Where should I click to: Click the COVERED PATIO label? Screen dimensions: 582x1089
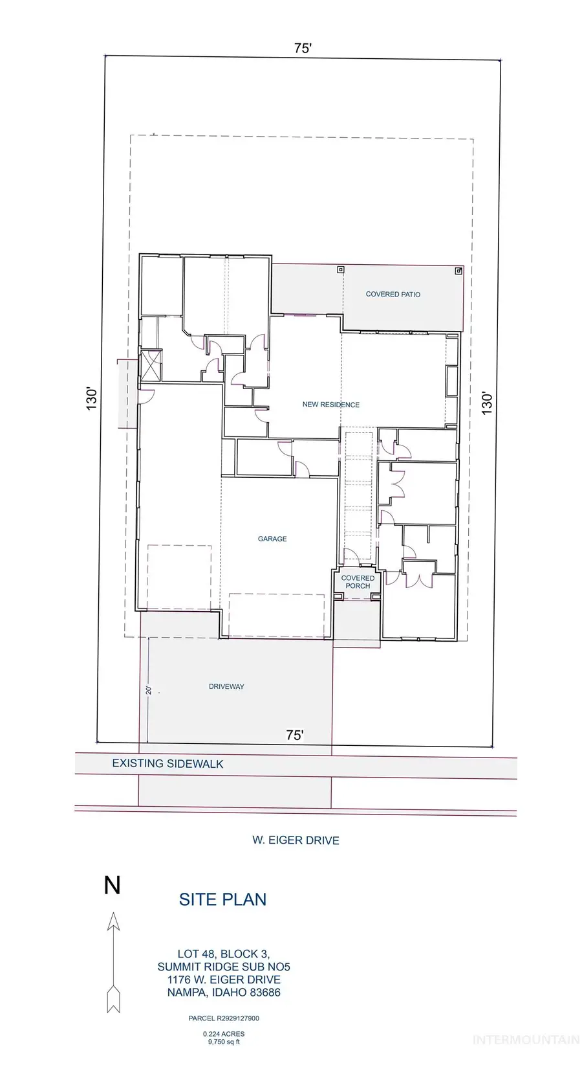click(393, 294)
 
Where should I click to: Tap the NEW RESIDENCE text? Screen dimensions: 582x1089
click(331, 405)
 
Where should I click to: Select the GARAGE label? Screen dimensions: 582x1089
click(272, 539)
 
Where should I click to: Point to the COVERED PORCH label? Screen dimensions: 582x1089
click(358, 582)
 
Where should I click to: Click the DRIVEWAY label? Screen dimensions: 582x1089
click(226, 686)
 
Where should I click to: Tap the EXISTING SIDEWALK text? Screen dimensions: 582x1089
click(168, 764)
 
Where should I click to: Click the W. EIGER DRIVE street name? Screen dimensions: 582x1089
click(296, 840)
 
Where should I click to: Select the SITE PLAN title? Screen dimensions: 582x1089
click(223, 900)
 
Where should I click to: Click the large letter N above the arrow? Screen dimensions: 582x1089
click(112, 885)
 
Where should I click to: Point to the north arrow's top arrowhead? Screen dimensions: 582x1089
click(114, 921)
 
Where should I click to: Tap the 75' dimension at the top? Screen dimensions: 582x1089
click(303, 48)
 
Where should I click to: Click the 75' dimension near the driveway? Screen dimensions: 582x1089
click(295, 735)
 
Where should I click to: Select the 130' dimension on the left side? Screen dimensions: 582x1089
click(92, 399)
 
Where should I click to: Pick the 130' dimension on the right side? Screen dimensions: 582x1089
click(487, 403)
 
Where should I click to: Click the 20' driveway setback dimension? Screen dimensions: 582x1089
click(149, 690)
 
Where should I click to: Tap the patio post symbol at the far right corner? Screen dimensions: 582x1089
click(458, 271)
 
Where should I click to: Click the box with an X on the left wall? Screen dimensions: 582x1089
click(150, 365)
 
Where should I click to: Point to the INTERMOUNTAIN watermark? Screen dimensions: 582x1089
click(526, 1040)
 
